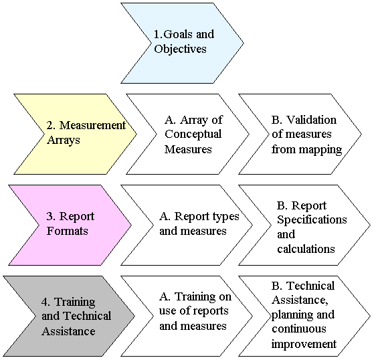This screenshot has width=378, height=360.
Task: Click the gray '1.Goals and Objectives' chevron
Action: point(181,41)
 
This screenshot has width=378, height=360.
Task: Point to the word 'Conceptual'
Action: point(193,134)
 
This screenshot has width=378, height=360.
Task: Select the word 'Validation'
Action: point(312,120)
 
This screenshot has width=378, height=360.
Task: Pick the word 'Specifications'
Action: point(312,219)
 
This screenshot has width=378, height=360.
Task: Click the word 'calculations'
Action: point(306,249)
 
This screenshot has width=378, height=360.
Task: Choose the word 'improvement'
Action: point(304,344)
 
